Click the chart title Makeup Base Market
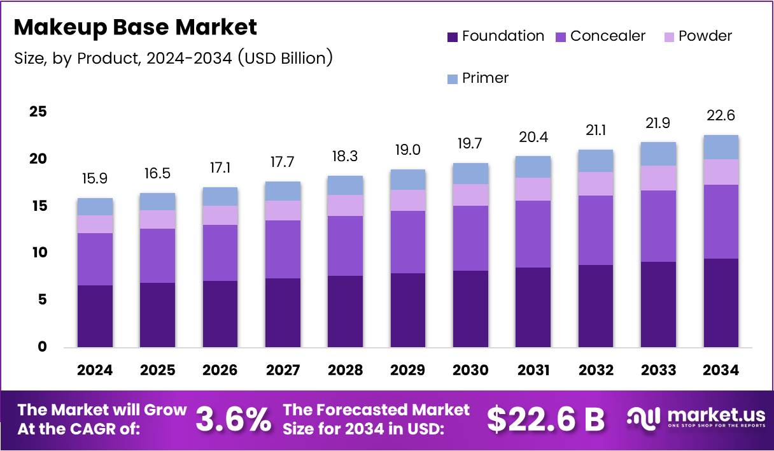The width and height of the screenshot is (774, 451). click(x=135, y=27)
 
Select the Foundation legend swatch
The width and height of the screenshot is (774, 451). click(x=453, y=37)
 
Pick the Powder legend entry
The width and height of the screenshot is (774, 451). click(x=697, y=36)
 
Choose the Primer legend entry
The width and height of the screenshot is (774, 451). click(x=478, y=78)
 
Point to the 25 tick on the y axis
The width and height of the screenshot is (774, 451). click(x=38, y=111)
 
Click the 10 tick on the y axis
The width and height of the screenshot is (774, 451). click(x=38, y=253)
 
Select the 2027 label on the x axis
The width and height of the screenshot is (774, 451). click(x=283, y=370)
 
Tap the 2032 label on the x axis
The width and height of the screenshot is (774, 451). click(x=596, y=370)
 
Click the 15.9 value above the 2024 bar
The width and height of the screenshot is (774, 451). click(x=95, y=179)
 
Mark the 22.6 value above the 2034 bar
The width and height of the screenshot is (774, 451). click(x=721, y=116)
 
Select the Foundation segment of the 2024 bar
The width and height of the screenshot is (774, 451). click(x=95, y=316)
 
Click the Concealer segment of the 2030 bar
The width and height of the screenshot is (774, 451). click(x=470, y=238)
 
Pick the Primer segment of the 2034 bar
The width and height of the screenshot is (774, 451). click(x=721, y=147)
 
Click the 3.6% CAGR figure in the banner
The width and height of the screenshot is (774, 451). click(x=233, y=419)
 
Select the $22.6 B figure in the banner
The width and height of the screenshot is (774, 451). click(x=545, y=419)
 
